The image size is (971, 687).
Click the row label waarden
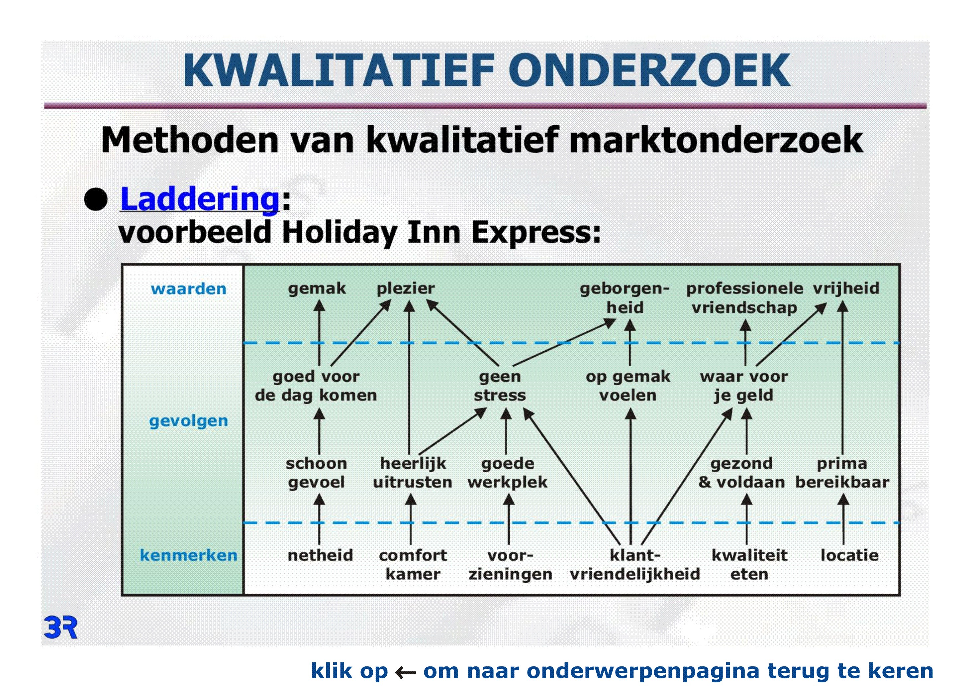(189, 289)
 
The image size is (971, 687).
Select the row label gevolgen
(189, 421)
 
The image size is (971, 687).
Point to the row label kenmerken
(189, 555)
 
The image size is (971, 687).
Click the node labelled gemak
(317, 289)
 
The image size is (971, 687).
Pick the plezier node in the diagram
(406, 289)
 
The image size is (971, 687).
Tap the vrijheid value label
(846, 288)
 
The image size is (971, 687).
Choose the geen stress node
(500, 386)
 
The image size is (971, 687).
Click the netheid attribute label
(320, 555)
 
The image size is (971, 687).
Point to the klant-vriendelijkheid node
(635, 564)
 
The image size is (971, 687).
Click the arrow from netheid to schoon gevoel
(319, 519)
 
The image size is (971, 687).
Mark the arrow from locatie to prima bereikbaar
(843, 519)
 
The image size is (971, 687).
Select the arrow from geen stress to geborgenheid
(564, 342)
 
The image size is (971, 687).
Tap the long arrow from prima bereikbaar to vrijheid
(842, 377)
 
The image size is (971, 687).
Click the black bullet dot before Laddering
(96, 199)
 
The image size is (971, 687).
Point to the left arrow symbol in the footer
(405, 672)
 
